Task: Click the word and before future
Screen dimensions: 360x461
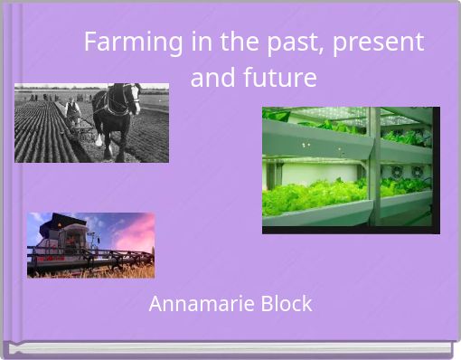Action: tap(213, 79)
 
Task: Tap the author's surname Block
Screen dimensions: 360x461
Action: tap(284, 304)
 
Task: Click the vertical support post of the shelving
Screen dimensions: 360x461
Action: tap(372, 167)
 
